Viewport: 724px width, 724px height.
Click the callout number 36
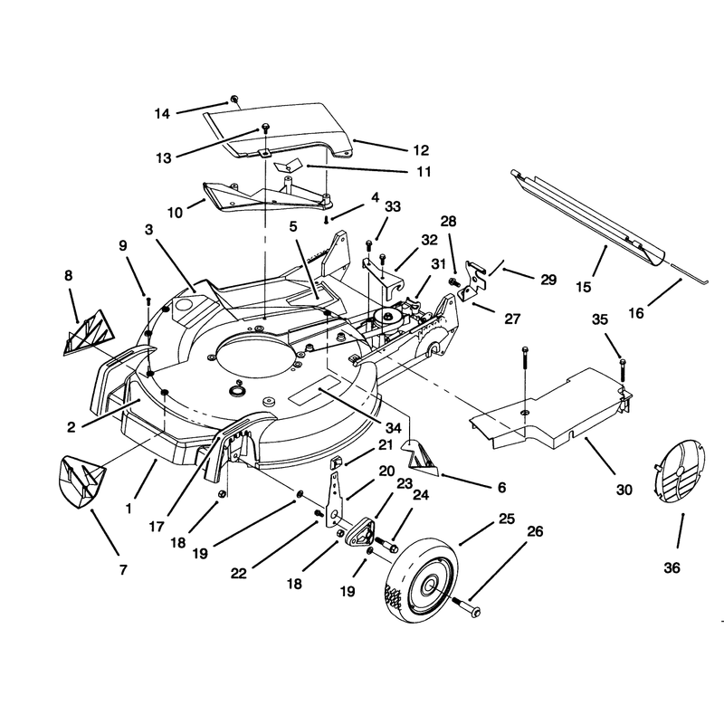pos(672,567)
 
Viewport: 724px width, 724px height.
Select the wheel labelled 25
pos(422,577)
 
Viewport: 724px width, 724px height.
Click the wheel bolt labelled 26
pos(465,606)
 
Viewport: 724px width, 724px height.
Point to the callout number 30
pos(624,490)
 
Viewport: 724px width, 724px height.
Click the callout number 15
pos(584,287)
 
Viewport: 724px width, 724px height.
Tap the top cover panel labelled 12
pos(279,129)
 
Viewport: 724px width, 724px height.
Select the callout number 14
pos(162,114)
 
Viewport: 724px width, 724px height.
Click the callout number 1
pos(129,509)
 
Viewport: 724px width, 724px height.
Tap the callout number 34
pos(393,428)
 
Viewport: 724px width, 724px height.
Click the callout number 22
pos(239,574)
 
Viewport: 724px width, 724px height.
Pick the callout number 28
pos(448,222)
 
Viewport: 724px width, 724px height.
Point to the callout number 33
pos(393,206)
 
